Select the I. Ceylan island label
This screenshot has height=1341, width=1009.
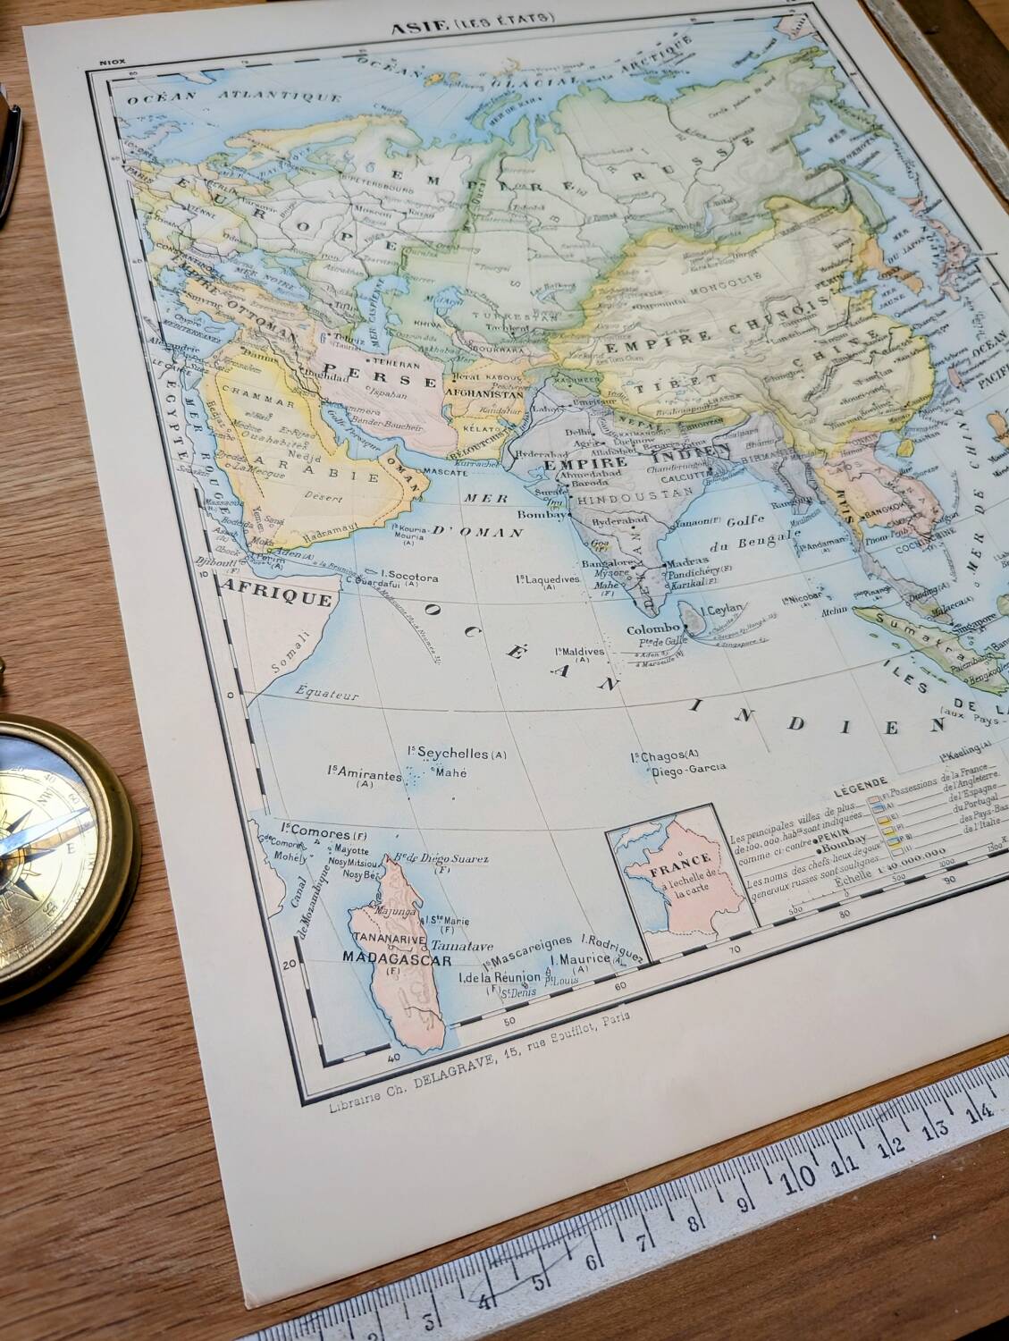[x=720, y=610]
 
